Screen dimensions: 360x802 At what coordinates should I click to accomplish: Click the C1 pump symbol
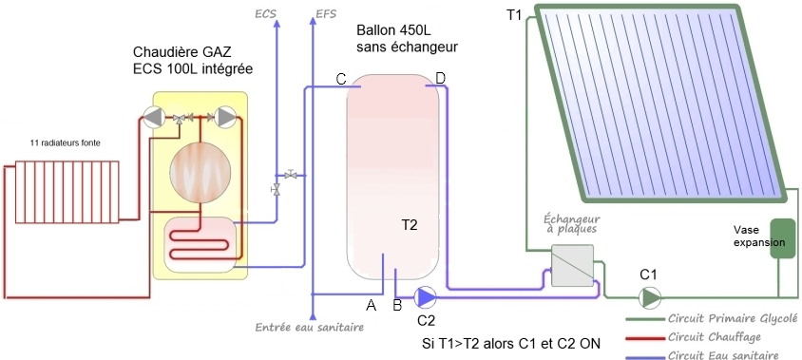[650, 298]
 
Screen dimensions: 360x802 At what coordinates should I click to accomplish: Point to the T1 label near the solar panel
[515, 15]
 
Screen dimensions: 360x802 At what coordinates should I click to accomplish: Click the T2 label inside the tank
[409, 225]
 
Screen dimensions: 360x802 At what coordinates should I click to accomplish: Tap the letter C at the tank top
[340, 78]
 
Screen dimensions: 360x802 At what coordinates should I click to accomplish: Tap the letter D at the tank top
[440, 77]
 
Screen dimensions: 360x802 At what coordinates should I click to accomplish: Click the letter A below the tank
[372, 305]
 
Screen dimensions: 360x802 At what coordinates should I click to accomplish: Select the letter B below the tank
[397, 305]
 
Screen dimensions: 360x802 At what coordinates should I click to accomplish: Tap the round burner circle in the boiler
[200, 172]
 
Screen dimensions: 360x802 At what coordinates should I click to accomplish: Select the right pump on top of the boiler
[226, 118]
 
